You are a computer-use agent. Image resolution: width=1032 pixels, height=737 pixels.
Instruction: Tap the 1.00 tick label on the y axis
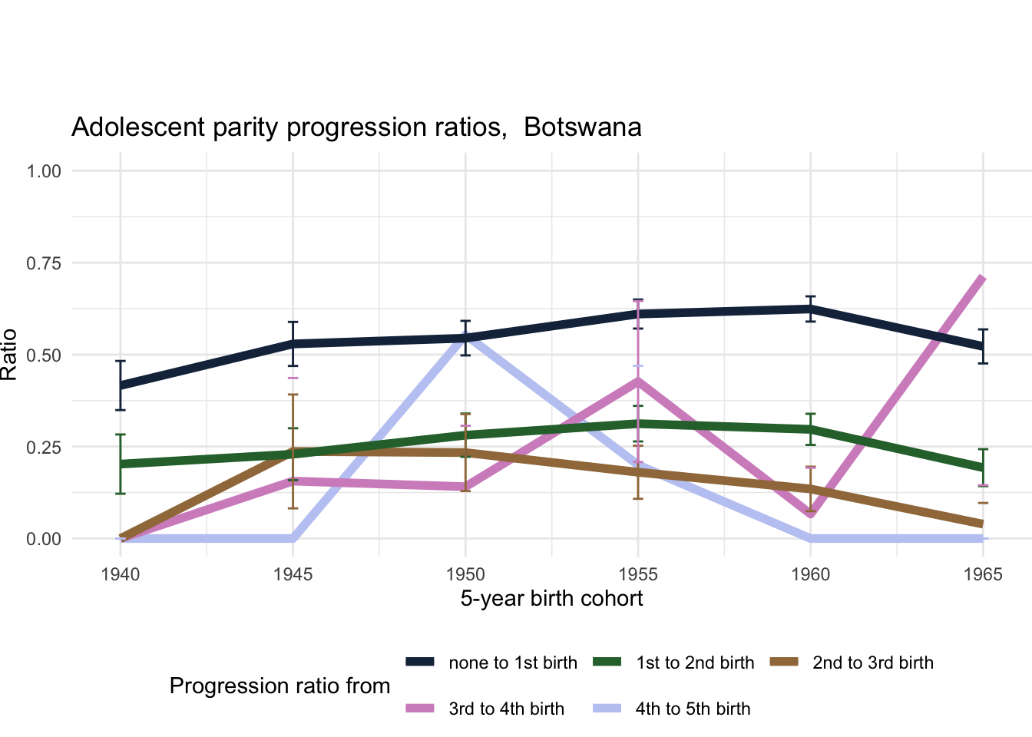(44, 171)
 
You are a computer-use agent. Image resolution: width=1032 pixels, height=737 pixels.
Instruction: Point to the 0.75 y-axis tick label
(44, 263)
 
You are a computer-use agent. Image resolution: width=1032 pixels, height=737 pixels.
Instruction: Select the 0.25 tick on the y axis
(44, 447)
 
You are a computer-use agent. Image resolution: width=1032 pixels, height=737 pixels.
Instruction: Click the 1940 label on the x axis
(121, 575)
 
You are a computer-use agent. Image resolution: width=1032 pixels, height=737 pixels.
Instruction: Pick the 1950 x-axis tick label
(465, 575)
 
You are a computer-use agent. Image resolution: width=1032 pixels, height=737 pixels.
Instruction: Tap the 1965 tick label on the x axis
(983, 575)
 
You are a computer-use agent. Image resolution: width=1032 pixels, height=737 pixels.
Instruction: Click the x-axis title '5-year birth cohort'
(551, 599)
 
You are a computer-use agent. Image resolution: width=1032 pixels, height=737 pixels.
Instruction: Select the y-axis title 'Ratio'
(9, 355)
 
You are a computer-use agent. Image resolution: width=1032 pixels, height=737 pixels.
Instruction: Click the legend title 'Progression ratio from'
(279, 686)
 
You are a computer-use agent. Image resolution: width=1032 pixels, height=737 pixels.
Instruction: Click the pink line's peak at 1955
(637, 380)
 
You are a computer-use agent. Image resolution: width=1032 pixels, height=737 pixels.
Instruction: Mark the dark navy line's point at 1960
(811, 309)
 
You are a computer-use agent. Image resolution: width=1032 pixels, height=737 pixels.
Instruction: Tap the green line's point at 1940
(121, 464)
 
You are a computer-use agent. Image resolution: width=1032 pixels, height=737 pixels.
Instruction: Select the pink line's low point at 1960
(811, 513)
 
